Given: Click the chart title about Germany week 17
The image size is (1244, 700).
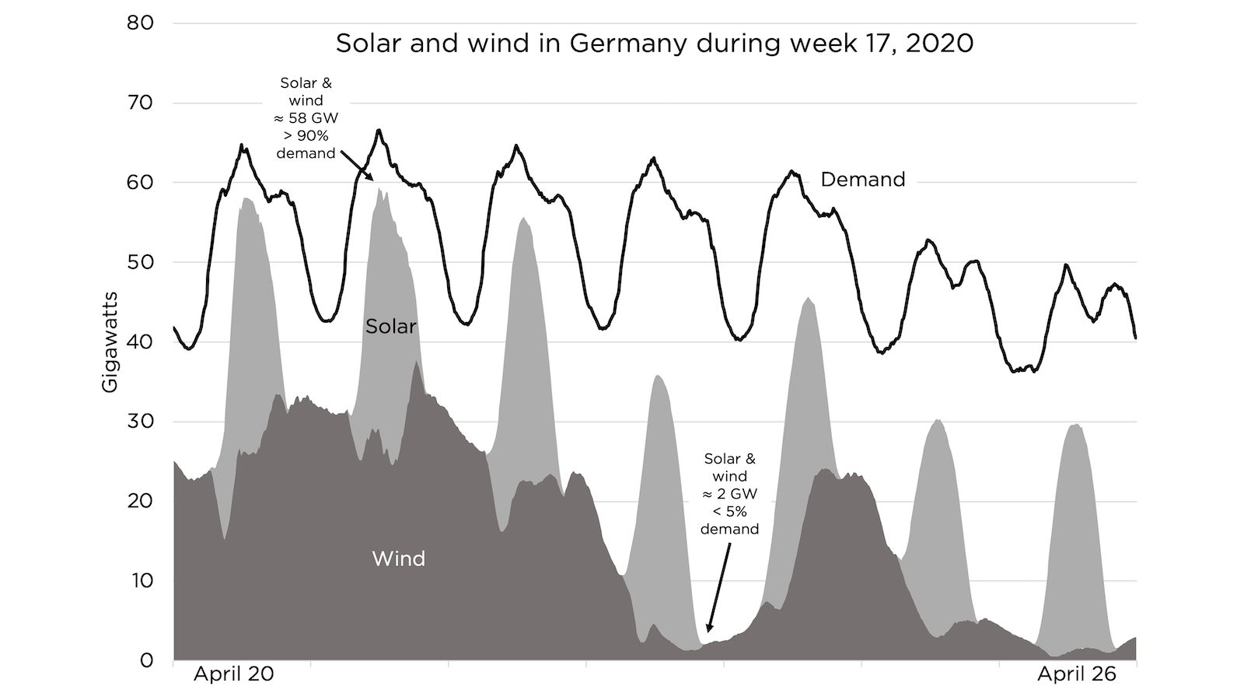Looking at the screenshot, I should (x=654, y=43).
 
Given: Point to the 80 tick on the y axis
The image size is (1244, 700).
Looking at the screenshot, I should (x=140, y=23).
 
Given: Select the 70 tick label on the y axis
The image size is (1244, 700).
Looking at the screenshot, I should (x=140, y=103).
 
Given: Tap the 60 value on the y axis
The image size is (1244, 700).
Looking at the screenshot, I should (x=140, y=182).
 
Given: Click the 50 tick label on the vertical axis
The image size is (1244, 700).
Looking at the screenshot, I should (x=140, y=262).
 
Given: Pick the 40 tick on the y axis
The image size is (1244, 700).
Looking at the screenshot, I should (x=140, y=341).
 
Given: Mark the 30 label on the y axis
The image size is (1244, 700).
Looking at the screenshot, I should (x=140, y=422).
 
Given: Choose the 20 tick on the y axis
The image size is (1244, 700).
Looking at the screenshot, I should (x=140, y=501).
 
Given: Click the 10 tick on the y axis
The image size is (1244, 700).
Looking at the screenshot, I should (x=140, y=581).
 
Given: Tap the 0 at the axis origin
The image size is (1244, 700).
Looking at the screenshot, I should (x=147, y=660).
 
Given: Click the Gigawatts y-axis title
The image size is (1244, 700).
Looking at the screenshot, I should (x=110, y=341).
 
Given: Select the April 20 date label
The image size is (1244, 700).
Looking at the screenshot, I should (x=233, y=674).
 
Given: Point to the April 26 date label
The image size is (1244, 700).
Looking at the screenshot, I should (x=1077, y=674).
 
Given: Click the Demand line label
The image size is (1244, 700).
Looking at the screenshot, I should (x=863, y=180).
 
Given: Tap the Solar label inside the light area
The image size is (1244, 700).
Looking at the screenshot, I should (x=391, y=326).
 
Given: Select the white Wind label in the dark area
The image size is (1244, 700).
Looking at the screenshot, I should (x=398, y=558).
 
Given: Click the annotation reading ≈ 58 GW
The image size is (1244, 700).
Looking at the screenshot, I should (x=306, y=118).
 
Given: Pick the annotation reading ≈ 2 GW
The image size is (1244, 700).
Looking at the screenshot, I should (x=729, y=494).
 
